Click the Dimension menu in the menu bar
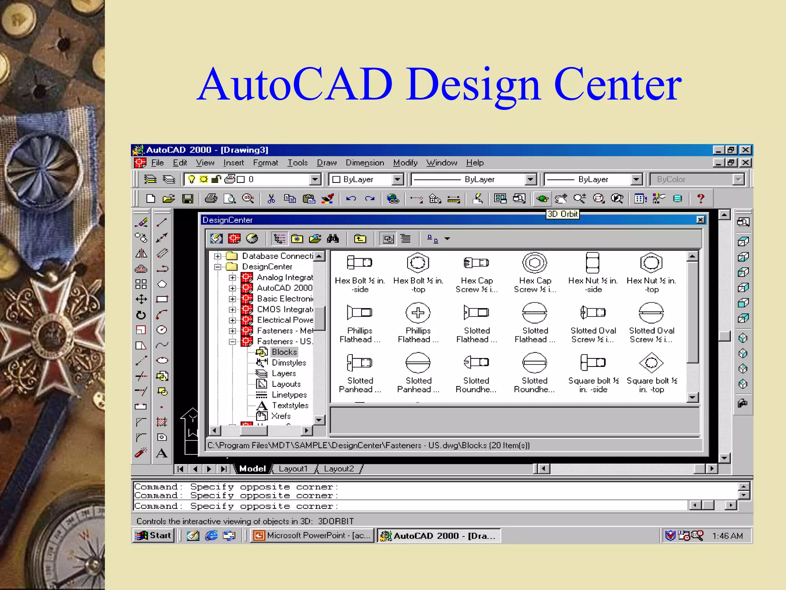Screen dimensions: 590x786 click(x=365, y=163)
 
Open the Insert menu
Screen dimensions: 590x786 click(x=233, y=163)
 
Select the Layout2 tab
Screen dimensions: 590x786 click(x=339, y=469)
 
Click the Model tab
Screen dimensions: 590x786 click(x=252, y=469)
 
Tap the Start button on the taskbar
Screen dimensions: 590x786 click(x=154, y=535)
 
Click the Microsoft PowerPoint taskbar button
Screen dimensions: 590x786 click(x=313, y=535)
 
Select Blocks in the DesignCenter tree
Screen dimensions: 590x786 click(x=284, y=352)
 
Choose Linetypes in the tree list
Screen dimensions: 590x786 click(x=289, y=395)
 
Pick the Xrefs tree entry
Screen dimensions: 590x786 click(x=281, y=416)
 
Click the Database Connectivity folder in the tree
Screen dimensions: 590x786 click(x=277, y=256)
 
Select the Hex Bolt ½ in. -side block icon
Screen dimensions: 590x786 click(x=359, y=263)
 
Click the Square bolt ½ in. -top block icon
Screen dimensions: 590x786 click(x=651, y=363)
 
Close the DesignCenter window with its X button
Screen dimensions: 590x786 click(x=700, y=220)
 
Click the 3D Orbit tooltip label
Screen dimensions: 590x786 click(x=562, y=214)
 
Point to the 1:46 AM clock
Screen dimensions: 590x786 click(x=727, y=536)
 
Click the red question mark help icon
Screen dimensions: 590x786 click(x=700, y=199)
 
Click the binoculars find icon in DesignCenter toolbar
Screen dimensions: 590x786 click(x=333, y=239)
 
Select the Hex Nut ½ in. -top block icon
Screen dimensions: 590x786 click(x=651, y=263)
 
